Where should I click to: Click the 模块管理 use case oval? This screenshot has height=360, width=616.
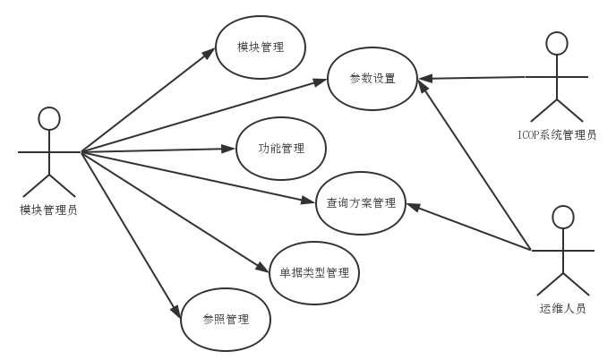[261, 47]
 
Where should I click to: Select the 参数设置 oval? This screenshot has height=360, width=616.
[372, 79]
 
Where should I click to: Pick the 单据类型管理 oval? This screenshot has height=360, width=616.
[314, 272]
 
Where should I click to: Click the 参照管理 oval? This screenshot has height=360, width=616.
[226, 320]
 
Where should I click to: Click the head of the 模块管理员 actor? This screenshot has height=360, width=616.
[48, 118]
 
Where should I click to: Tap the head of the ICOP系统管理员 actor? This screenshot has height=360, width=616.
[558, 43]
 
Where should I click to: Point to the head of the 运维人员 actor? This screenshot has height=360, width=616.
[562, 217]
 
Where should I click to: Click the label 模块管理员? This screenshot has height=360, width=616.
[48, 210]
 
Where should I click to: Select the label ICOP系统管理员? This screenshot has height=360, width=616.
[558, 135]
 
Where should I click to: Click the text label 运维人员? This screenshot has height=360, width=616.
[562, 309]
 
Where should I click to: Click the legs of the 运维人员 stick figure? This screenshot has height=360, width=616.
[562, 283]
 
